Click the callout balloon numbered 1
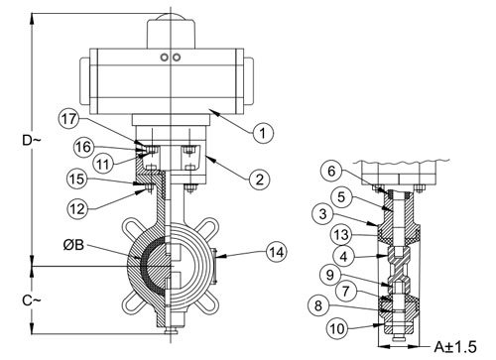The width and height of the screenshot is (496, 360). (263, 133)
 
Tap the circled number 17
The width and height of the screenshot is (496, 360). (68, 119)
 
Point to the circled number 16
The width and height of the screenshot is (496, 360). (83, 147)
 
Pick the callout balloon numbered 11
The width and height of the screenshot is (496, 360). (103, 164)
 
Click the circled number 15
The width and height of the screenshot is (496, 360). (77, 180)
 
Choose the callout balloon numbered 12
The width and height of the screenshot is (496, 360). (78, 209)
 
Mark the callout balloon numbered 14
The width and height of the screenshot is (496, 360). (277, 252)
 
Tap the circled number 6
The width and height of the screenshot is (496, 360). (331, 171)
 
